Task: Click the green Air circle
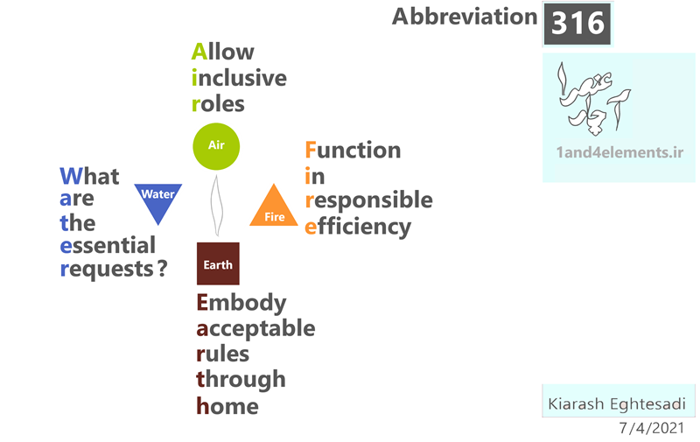click(216, 146)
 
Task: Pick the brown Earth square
click(218, 263)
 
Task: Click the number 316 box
click(577, 24)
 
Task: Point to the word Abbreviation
click(465, 17)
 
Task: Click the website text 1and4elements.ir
click(619, 152)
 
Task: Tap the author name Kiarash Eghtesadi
click(617, 403)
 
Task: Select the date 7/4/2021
click(651, 428)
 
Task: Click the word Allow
click(223, 52)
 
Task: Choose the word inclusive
click(239, 78)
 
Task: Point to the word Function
click(353, 150)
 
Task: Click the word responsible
click(368, 200)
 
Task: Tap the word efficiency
click(358, 227)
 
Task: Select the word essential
click(108, 246)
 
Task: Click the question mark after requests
click(163, 269)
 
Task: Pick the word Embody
click(241, 303)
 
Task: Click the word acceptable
click(255, 329)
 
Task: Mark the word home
click(227, 406)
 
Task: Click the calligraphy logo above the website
click(594, 99)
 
